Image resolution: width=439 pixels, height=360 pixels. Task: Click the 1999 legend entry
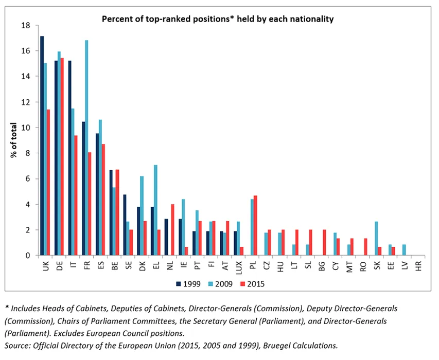tap(188, 283)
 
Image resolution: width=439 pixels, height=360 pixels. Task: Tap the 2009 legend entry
tap(219, 283)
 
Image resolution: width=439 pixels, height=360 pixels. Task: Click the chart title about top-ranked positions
tap(218, 19)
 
